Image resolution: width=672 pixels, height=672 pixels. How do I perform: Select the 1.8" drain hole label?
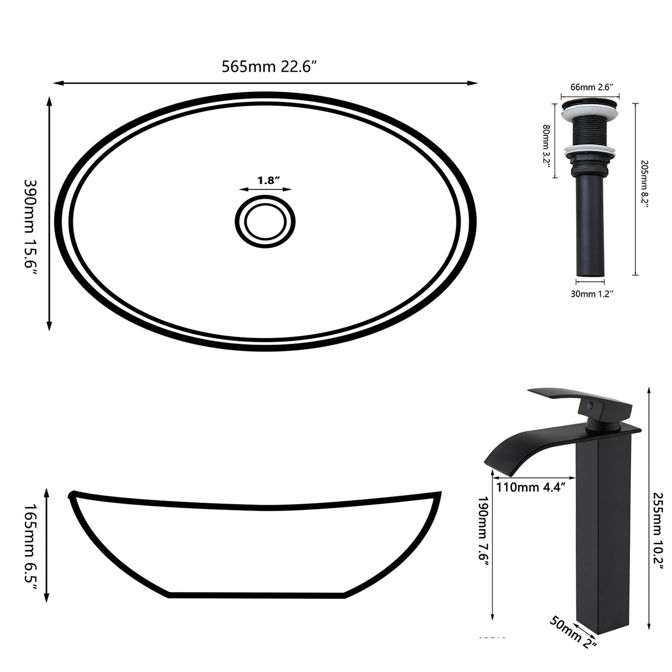click(x=268, y=181)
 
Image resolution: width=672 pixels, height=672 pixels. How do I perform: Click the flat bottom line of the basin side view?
click(x=256, y=595)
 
